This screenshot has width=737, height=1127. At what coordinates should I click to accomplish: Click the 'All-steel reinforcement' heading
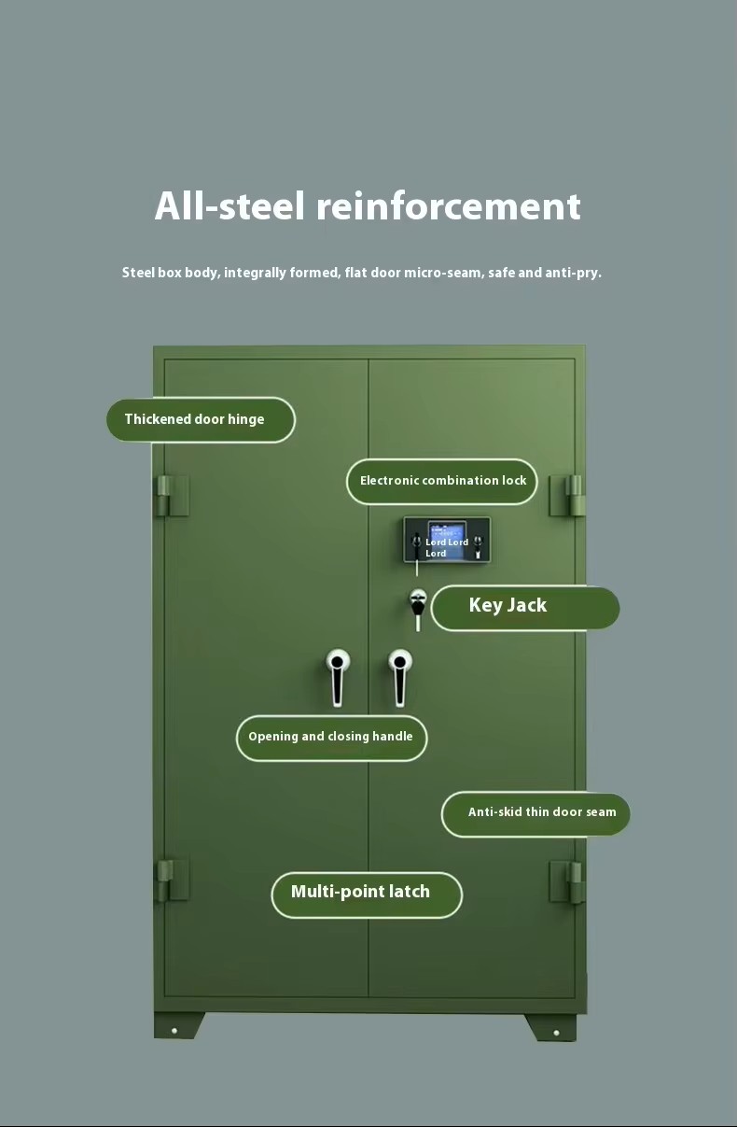(368, 205)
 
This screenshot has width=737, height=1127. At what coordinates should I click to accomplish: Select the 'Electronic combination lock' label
(442, 481)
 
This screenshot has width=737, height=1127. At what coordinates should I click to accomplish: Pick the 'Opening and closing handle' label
(331, 738)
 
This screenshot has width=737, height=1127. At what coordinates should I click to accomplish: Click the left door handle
(338, 677)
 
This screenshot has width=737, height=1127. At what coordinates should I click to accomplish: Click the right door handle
(399, 677)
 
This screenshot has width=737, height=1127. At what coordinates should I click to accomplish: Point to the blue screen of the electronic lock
(447, 541)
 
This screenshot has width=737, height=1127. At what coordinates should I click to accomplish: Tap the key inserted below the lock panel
(417, 610)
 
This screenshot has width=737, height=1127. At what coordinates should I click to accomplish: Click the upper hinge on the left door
(172, 496)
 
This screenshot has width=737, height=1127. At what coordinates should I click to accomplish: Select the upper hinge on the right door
(566, 496)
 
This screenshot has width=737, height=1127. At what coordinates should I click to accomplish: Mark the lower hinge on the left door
(172, 880)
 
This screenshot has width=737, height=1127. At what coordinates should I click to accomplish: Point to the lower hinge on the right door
(566, 881)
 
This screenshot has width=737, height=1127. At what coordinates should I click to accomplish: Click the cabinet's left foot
(178, 1025)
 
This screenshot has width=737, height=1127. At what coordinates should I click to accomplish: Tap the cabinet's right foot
(551, 1027)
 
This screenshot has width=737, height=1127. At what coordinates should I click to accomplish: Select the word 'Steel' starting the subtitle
(138, 273)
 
